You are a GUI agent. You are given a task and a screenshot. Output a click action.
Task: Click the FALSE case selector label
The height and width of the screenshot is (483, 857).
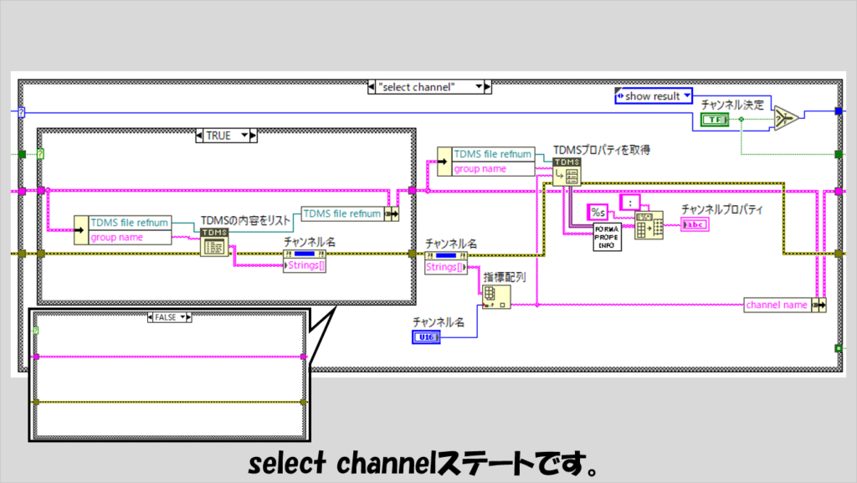coord(168,317)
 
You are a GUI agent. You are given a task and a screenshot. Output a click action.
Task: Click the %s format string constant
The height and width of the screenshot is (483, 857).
coord(599,211)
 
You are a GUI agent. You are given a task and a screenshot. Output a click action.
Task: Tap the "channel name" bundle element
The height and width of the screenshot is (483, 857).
coord(777,305)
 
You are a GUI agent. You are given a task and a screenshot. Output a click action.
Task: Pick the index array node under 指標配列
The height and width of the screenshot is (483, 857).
coord(496,295)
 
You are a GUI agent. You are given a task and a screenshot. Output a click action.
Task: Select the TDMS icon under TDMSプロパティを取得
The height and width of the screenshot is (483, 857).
coord(567,171)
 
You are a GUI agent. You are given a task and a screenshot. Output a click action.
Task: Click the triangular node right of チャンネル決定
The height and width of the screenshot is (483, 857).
coord(785,120)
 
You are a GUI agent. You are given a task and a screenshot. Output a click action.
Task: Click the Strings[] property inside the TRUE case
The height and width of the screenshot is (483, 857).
coord(305,265)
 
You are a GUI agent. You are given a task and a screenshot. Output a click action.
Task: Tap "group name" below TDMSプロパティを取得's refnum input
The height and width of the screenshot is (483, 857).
coord(480,168)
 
